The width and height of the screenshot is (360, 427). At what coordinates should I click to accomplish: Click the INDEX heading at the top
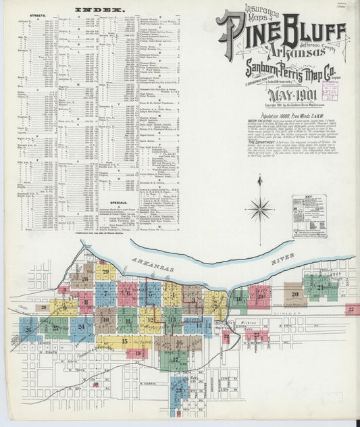(x=99, y=10)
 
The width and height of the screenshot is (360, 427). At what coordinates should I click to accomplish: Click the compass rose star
(x=259, y=208)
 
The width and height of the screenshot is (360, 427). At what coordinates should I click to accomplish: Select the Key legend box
(x=309, y=216)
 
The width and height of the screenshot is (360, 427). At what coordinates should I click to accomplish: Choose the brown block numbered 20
(x=295, y=295)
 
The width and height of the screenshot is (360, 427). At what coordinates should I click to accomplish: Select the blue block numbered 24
(x=82, y=328)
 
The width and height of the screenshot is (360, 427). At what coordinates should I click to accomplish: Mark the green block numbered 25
(x=54, y=328)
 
